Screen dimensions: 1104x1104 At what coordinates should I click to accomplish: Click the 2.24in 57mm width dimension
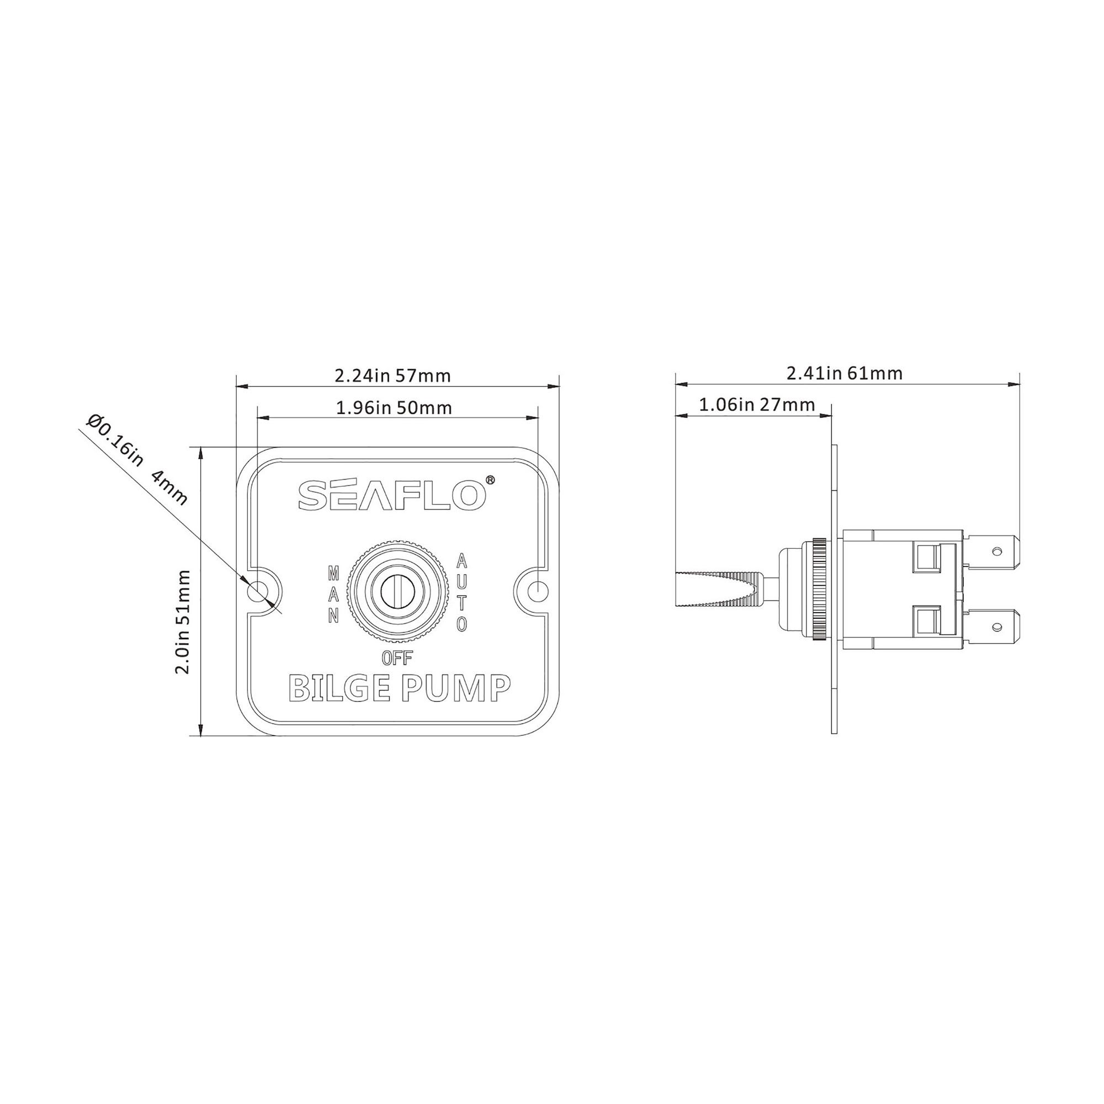(x=392, y=375)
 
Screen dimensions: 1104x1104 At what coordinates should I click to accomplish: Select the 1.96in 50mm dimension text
(x=394, y=408)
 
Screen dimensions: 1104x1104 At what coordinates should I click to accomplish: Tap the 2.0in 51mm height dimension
(x=182, y=622)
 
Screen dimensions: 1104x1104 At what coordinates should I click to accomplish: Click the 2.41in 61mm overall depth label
(x=845, y=373)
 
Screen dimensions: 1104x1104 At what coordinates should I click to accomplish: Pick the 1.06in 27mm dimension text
(x=757, y=405)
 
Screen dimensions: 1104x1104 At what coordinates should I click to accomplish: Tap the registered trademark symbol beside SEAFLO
(x=490, y=480)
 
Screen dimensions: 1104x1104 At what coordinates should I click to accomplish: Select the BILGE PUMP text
(x=399, y=688)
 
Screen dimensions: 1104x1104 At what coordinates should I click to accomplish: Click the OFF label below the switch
(x=396, y=659)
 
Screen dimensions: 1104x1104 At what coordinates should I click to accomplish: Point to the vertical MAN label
(x=334, y=594)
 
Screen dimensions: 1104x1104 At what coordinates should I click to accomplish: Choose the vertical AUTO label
(x=461, y=592)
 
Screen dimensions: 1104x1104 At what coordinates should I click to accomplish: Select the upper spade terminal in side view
(x=992, y=551)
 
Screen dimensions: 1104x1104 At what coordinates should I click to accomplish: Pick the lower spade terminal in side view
(x=992, y=627)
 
